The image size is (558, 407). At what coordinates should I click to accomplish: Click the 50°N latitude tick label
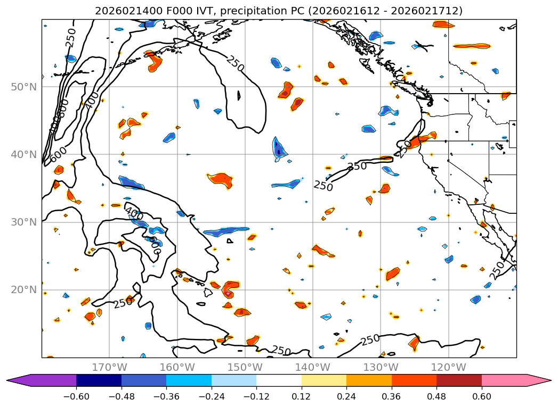(x=23, y=87)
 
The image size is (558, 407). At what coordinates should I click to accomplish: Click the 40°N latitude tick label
(x=23, y=155)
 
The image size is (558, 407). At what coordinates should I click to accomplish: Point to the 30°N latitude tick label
(x=23, y=222)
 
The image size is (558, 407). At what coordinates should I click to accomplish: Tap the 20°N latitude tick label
(x=23, y=290)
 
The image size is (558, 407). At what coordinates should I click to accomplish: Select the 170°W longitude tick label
(x=109, y=367)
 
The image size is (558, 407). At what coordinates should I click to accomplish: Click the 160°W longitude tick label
(x=177, y=367)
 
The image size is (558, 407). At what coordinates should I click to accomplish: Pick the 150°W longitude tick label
(x=245, y=367)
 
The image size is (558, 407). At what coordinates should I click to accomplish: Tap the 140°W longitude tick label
(x=312, y=367)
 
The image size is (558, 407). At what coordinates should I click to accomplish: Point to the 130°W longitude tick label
(x=380, y=367)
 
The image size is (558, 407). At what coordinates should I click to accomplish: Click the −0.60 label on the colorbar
(x=76, y=396)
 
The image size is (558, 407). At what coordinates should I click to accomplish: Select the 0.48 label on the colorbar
(x=436, y=396)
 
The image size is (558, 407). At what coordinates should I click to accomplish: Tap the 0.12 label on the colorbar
(x=301, y=396)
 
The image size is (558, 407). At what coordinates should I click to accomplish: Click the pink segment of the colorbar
(x=504, y=380)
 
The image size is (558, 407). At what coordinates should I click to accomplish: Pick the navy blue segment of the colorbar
(x=99, y=380)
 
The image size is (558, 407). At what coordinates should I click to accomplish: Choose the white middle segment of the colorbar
(x=279, y=380)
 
